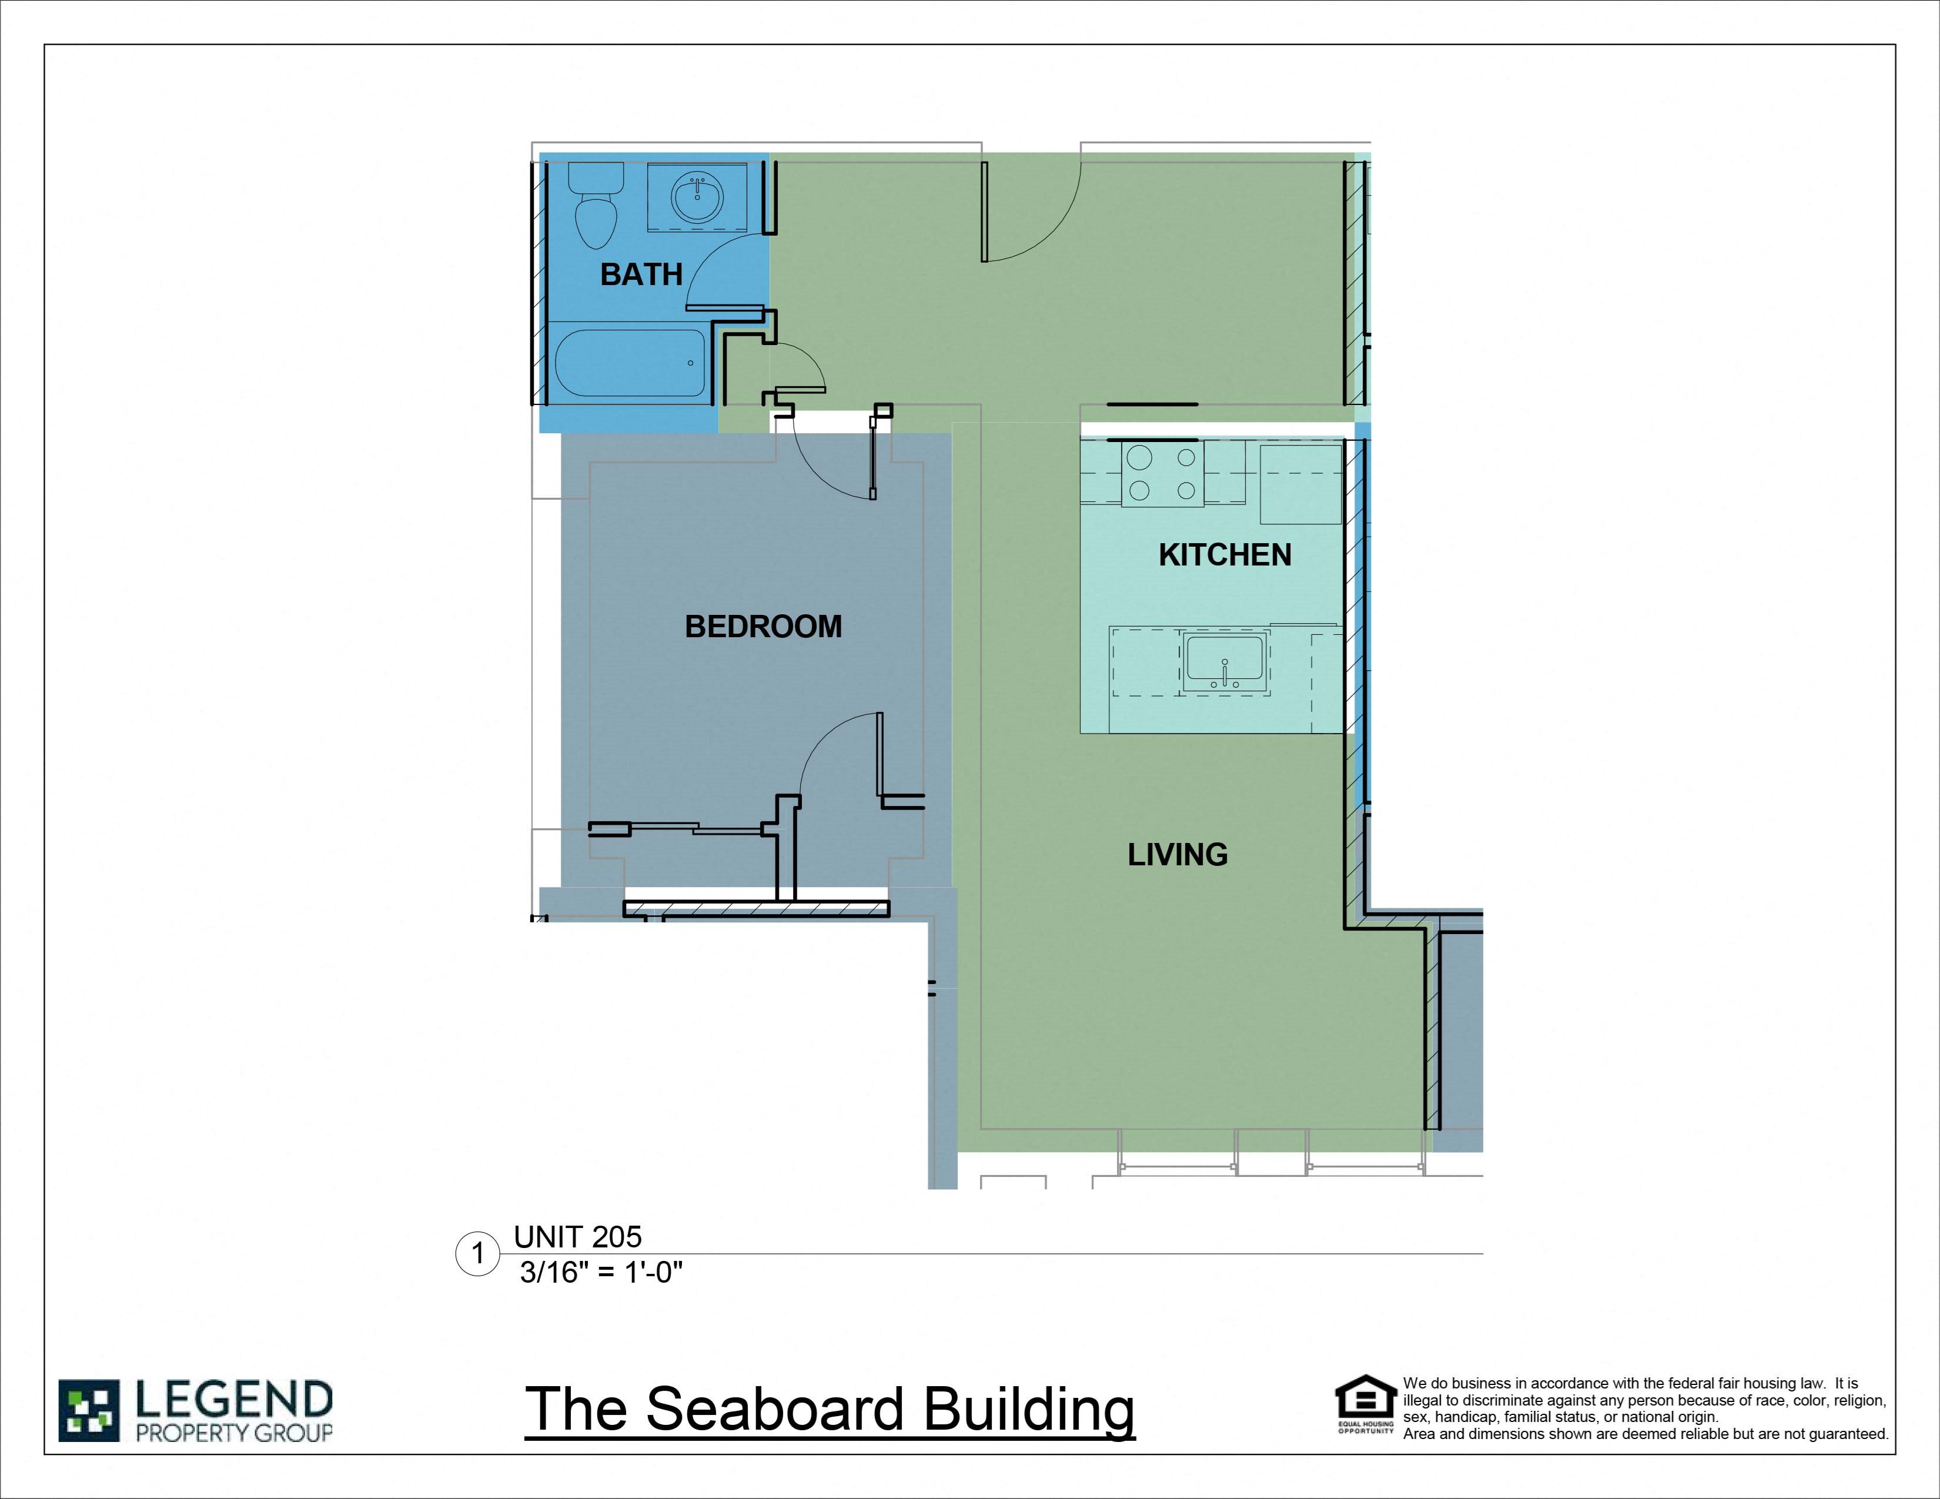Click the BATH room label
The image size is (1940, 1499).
coord(641,275)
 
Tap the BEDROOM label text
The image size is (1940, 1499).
coord(763,627)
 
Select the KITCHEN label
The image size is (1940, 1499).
coord(1225,555)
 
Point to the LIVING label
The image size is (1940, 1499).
coord(1178,854)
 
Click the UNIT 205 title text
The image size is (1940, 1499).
coord(577,1237)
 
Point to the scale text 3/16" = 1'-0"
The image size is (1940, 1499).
coord(601,1273)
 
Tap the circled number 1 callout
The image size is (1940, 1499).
coord(478,1254)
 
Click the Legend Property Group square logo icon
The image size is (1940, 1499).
coord(89,1410)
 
